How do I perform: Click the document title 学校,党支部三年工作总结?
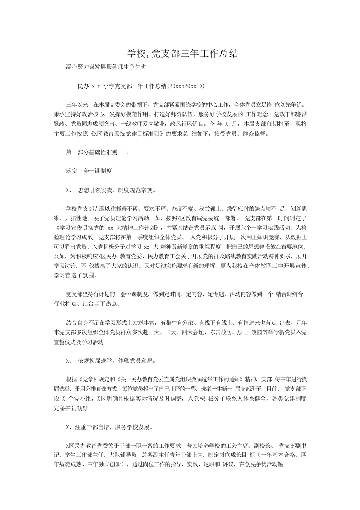tap(180, 54)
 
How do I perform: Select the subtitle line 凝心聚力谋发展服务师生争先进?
tap(105, 67)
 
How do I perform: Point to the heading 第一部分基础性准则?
tap(92, 153)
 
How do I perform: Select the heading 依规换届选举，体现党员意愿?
tap(117, 361)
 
